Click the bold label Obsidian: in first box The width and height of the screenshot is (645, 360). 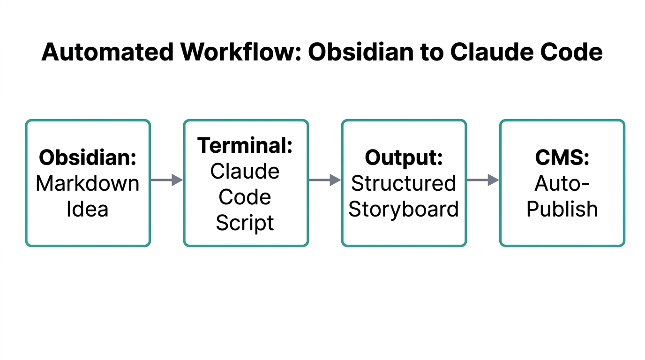[x=88, y=157]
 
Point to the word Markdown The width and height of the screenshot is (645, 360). [x=88, y=183]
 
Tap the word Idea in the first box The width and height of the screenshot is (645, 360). [x=88, y=209]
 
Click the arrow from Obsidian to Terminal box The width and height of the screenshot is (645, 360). [x=166, y=180]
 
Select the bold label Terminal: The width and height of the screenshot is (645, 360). [x=245, y=145]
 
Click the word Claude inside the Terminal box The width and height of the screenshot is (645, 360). [x=245, y=171]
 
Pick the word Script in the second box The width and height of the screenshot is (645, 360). [x=245, y=223]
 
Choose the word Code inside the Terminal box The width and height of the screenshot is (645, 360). [x=245, y=197]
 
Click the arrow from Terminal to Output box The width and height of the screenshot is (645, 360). [x=324, y=180]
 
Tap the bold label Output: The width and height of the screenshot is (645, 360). [x=404, y=157]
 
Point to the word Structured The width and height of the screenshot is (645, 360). [x=404, y=183]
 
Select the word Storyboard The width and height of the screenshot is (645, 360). [x=404, y=209]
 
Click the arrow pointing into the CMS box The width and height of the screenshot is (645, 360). [x=483, y=180]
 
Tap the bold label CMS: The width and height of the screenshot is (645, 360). [x=562, y=157]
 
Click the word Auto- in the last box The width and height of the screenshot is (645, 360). [x=562, y=183]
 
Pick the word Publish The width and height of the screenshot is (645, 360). [x=562, y=209]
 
